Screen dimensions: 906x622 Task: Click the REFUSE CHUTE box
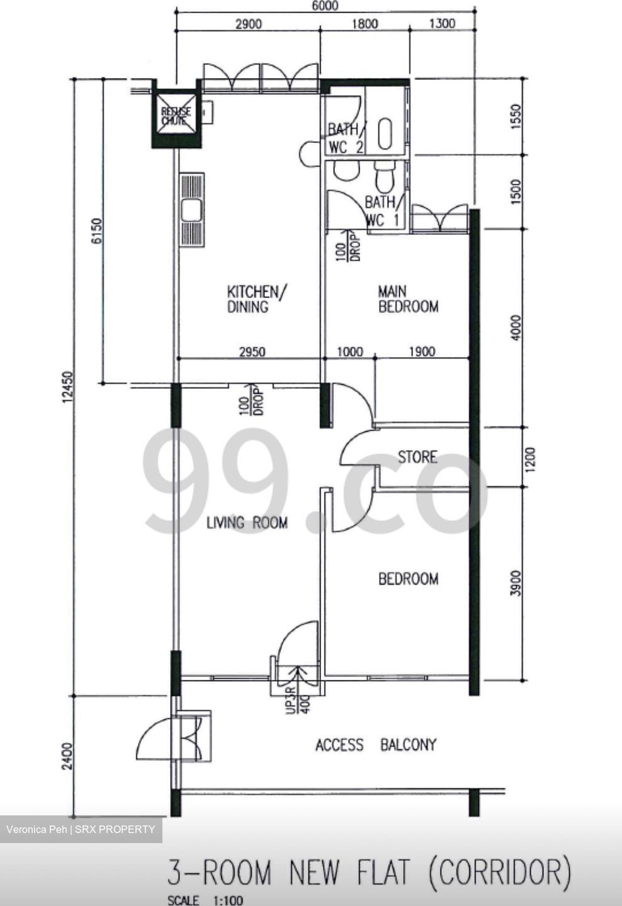[176, 116]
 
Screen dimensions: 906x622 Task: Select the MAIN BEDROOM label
[408, 299]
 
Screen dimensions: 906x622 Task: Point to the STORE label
[417, 457]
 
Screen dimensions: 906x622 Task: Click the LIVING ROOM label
[247, 522]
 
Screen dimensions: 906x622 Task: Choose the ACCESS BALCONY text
[376, 745]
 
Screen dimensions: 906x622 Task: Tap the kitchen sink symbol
[191, 210]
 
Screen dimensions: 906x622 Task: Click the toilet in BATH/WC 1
[383, 177]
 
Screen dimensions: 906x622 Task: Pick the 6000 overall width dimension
[324, 6]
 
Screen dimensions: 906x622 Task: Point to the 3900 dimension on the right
[516, 583]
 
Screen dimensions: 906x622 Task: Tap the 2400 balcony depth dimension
[68, 756]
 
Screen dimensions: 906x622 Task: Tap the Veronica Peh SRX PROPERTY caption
[81, 829]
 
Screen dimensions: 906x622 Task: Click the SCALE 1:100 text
[205, 900]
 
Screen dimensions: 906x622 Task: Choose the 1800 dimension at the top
[365, 24]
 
